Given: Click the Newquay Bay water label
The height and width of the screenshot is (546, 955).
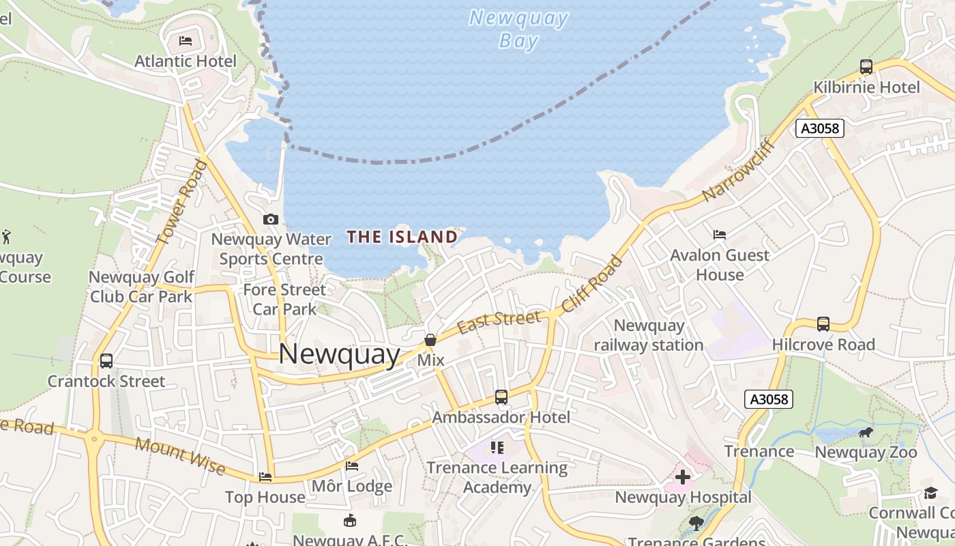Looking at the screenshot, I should pyautogui.click(x=518, y=29).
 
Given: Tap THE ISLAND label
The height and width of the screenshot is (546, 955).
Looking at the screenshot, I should pyautogui.click(x=402, y=237).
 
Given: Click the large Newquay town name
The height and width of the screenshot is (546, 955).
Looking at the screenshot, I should pyautogui.click(x=339, y=354).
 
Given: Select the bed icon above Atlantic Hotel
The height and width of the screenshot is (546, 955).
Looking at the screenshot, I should pyautogui.click(x=185, y=41).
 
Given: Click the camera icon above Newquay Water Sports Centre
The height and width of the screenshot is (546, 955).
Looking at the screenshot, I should pyautogui.click(x=271, y=219).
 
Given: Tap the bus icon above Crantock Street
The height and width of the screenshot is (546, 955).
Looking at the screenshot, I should pyautogui.click(x=106, y=360).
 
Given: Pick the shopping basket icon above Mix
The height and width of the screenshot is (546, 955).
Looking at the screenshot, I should pyautogui.click(x=430, y=340).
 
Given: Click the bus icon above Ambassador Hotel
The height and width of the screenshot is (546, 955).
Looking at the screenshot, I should pyautogui.click(x=501, y=397).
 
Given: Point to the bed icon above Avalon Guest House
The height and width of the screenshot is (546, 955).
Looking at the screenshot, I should pyautogui.click(x=720, y=235).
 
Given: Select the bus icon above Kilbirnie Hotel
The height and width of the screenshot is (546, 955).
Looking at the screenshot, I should pyautogui.click(x=866, y=67).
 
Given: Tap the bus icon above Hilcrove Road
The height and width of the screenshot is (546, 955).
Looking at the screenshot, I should pyautogui.click(x=823, y=324).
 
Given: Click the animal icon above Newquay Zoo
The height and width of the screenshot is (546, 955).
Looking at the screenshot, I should pyautogui.click(x=866, y=432).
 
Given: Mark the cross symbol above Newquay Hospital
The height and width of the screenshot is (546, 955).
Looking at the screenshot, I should pyautogui.click(x=683, y=477).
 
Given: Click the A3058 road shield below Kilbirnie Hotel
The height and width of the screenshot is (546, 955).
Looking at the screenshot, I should pyautogui.click(x=820, y=128).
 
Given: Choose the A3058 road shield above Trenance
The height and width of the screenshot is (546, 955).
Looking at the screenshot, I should pyautogui.click(x=769, y=399).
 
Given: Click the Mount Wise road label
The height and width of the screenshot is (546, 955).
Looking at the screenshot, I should pyautogui.click(x=180, y=455).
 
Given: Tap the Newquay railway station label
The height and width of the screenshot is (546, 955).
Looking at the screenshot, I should pyautogui.click(x=648, y=335).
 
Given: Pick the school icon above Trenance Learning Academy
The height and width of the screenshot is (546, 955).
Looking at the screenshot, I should pyautogui.click(x=497, y=448).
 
